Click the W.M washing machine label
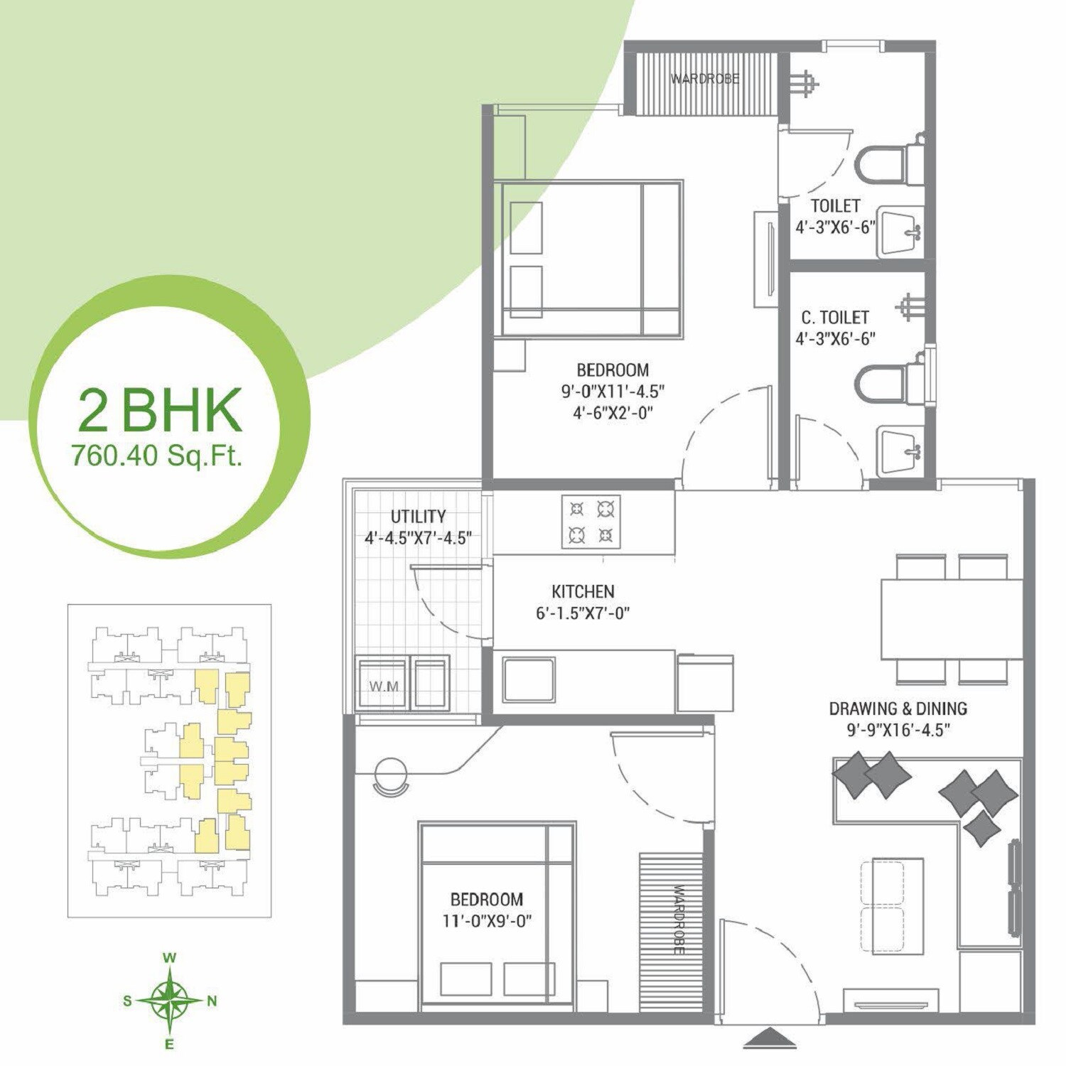pyautogui.click(x=383, y=687)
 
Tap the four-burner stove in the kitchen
pyautogui.click(x=591, y=522)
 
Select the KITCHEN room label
pyautogui.click(x=583, y=591)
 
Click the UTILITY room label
pyautogui.click(x=418, y=517)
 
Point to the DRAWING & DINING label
pyautogui.click(x=898, y=709)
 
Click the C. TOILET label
pyautogui.click(x=835, y=317)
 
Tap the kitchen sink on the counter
pyautogui.click(x=529, y=679)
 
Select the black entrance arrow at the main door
pyautogui.click(x=770, y=1038)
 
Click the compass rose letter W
pyautogui.click(x=169, y=958)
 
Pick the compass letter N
pyautogui.click(x=212, y=1001)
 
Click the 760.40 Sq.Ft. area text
pyautogui.click(x=157, y=455)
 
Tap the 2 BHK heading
pyautogui.click(x=160, y=411)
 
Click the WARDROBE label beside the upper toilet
pyautogui.click(x=705, y=78)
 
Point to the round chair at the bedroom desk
pyautogui.click(x=390, y=775)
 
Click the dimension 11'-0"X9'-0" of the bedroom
pyautogui.click(x=487, y=921)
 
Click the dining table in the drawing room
pyautogui.click(x=952, y=619)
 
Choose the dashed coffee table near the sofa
pyautogui.click(x=883, y=906)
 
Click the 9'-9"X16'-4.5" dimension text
pyautogui.click(x=898, y=730)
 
